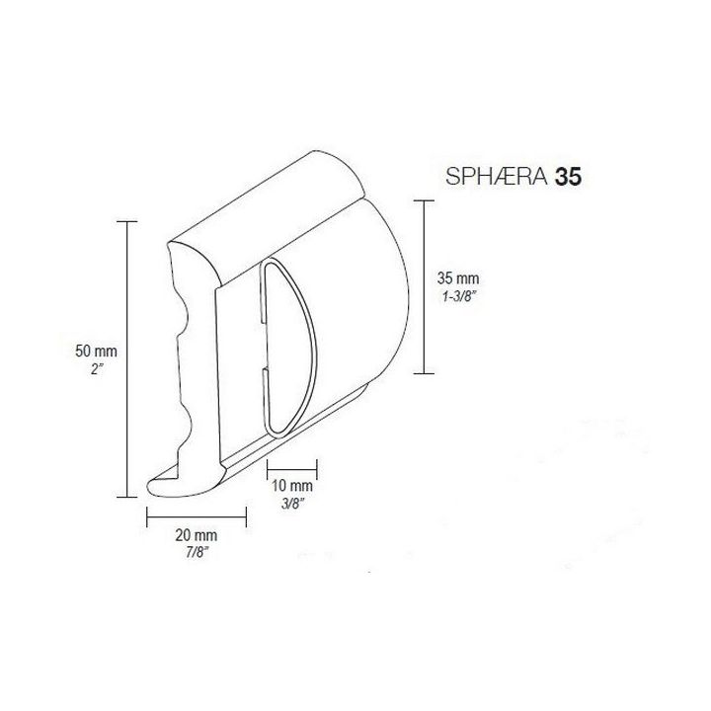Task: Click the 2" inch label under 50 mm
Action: [96, 367]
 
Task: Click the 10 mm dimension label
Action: [292, 486]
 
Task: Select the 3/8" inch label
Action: [292, 503]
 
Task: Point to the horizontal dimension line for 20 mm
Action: [196, 515]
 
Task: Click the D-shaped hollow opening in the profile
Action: [291, 346]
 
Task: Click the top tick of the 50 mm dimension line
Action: [127, 222]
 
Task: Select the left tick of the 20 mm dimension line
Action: [147, 515]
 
